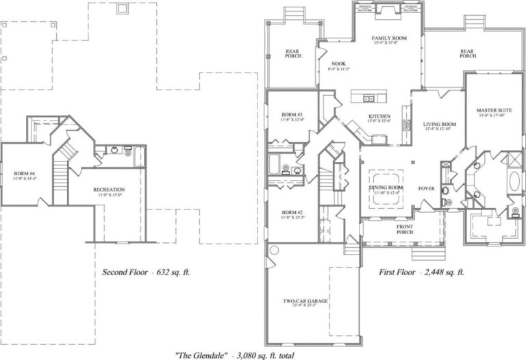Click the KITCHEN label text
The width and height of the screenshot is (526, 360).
click(379, 117)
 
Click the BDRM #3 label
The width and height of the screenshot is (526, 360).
click(292, 115)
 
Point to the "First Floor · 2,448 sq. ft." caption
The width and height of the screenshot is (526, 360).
click(422, 272)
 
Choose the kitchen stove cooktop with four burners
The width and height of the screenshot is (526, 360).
click(407, 125)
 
